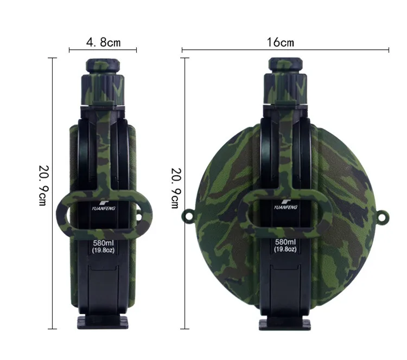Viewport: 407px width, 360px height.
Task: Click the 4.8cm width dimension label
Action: click(104, 42)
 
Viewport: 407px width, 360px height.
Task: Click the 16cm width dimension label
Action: click(281, 42)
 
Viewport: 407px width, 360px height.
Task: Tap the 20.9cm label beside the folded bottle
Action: click(43, 185)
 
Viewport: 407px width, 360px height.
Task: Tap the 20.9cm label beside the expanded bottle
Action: click(176, 188)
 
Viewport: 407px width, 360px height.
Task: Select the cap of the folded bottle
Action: click(103, 66)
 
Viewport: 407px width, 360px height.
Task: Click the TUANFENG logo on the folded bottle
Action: click(104, 205)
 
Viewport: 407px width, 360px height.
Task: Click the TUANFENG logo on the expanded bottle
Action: click(285, 204)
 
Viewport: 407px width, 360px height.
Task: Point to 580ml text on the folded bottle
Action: click(104, 243)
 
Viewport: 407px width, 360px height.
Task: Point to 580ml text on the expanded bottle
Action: click(285, 242)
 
